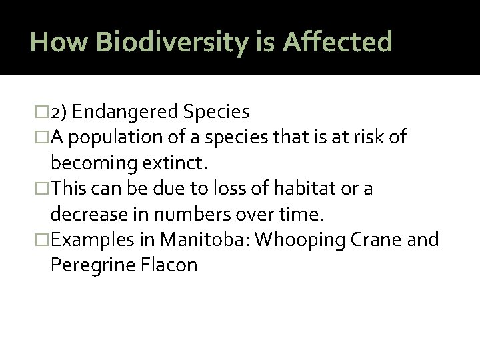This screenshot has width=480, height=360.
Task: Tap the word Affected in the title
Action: [338, 43]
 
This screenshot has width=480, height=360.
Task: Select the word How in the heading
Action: [61, 43]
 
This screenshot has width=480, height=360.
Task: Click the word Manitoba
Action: [211, 239]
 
